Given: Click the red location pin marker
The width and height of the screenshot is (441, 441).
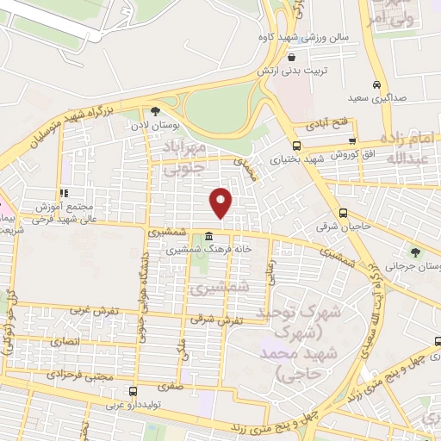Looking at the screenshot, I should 221,202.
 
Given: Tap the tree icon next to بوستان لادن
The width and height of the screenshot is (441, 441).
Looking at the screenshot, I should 155,111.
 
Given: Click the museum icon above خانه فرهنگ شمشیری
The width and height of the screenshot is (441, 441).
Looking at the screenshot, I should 210,235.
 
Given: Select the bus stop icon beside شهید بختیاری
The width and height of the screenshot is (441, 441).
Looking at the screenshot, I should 297,146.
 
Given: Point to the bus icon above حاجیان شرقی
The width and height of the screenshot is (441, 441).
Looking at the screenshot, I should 343,213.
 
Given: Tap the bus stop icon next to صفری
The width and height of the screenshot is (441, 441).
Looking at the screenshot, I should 131,391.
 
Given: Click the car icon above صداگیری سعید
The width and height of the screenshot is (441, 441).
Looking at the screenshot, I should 376,84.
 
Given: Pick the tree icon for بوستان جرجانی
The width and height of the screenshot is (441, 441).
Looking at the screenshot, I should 416,252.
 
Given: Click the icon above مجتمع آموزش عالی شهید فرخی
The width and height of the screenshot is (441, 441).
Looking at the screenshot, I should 61,193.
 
